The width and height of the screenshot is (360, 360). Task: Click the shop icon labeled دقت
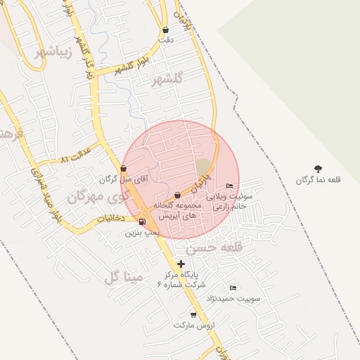pos(165,30)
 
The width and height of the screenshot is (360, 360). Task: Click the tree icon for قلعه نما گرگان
pos(319,169)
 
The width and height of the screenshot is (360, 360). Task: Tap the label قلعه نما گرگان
pos(319,181)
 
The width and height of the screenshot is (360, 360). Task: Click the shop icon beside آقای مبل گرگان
pos(124,168)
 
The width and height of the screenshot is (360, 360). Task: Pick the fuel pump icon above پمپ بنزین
pos(143,222)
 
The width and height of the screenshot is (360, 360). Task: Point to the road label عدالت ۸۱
pos(76,155)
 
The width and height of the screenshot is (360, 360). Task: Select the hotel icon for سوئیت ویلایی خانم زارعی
pos(229,186)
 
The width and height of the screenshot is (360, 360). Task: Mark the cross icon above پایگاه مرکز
pos(181,264)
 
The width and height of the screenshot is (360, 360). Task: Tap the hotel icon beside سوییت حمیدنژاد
pos(233,288)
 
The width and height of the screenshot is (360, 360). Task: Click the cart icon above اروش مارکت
pos(193,314)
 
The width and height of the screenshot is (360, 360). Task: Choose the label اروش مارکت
pos(192,326)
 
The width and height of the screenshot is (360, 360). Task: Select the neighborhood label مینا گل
pos(124,278)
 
